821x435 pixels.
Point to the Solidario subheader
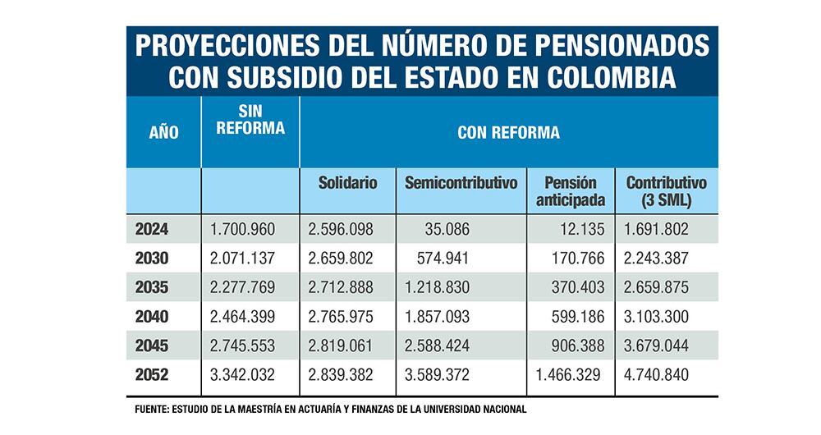tap(347, 183)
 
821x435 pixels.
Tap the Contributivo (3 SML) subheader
tap(666, 190)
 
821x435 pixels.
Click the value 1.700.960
tap(243, 230)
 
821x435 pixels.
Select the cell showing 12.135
tap(579, 230)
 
